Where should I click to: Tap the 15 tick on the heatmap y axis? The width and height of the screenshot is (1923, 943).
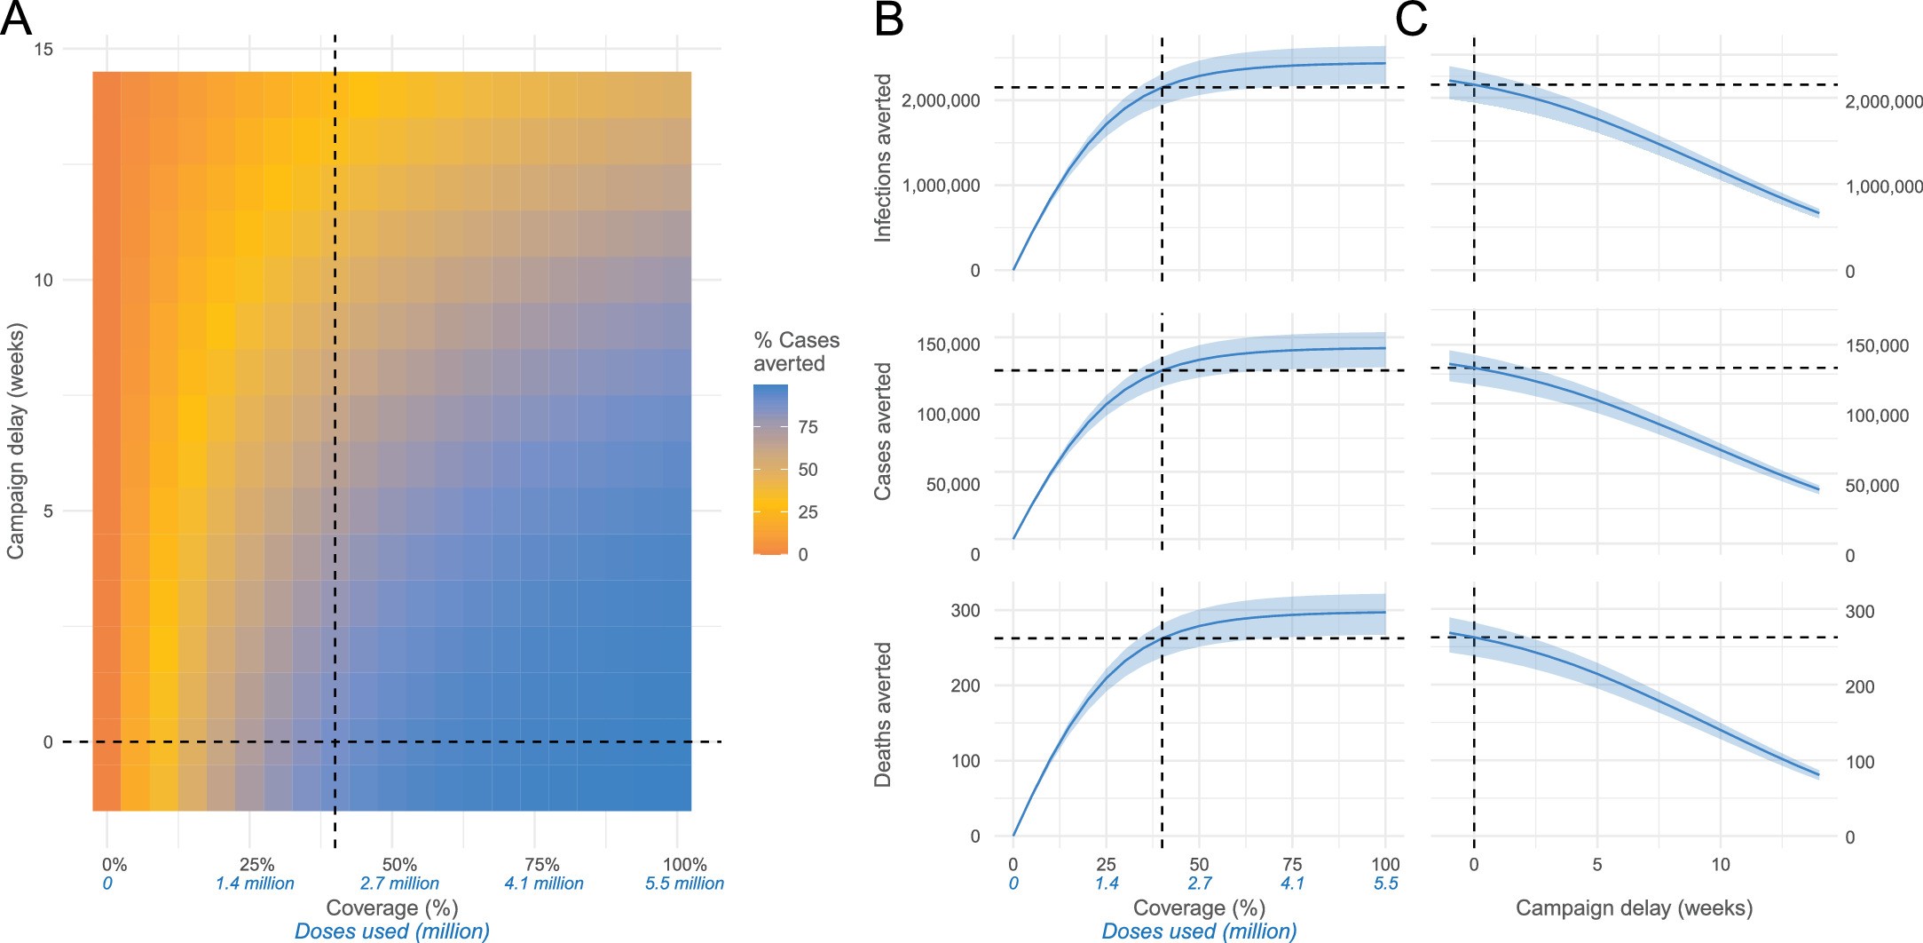tap(43, 49)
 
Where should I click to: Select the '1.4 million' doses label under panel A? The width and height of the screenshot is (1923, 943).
tap(255, 884)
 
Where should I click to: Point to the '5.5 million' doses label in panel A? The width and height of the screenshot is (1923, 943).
tap(684, 884)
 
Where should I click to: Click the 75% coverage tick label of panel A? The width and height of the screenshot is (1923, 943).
tap(542, 864)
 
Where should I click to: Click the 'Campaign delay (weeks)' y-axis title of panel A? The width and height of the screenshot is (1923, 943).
tap(15, 440)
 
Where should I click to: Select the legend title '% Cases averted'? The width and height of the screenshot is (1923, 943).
tap(795, 352)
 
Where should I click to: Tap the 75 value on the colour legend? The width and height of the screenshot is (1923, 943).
tap(808, 427)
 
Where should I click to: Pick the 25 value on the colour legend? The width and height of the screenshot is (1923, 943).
tap(808, 512)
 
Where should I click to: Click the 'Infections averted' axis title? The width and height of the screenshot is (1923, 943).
tap(883, 157)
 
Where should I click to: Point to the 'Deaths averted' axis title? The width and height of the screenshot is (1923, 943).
tap(883, 715)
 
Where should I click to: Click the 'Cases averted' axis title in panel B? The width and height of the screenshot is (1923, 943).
tap(883, 431)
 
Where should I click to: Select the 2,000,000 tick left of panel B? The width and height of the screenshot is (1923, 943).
tap(941, 100)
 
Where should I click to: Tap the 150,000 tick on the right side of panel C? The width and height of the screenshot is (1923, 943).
tap(1877, 345)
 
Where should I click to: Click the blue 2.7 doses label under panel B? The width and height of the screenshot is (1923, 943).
tap(1200, 884)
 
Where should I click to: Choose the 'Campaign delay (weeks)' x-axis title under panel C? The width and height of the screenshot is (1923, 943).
tap(1634, 908)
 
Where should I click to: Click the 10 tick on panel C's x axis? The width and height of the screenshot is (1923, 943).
tap(1720, 864)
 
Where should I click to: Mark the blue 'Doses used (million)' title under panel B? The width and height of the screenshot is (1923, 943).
tap(1199, 931)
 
